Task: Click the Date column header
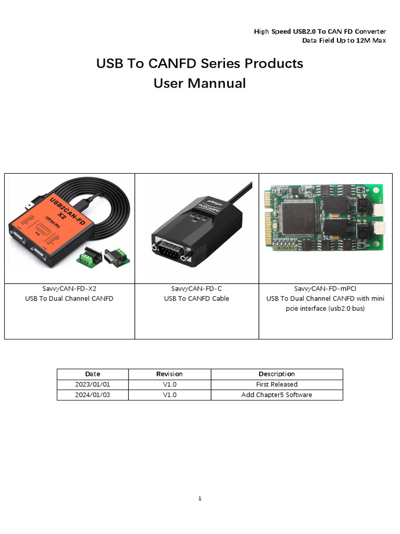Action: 93,374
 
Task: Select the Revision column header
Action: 169,374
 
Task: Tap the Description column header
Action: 277,374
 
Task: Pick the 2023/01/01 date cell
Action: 93,384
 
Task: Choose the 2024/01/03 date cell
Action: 93,395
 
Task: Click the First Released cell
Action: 277,384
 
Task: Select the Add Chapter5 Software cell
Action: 277,395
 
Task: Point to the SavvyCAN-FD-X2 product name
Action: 69,288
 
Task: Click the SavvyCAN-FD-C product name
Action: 196,288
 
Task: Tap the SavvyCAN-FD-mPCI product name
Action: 325,288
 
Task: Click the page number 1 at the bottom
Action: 199,499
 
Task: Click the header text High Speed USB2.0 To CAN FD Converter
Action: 320,32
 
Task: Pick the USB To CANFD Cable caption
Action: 196,299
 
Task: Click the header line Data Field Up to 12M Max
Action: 344,41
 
